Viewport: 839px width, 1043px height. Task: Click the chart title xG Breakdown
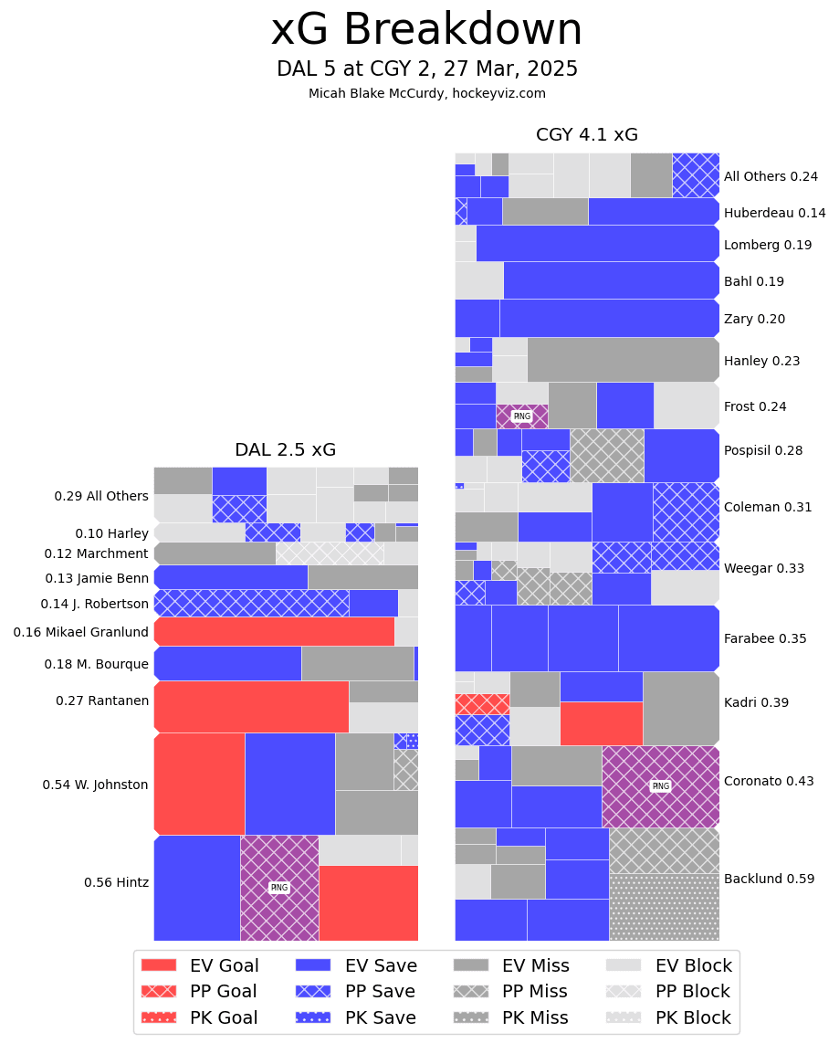click(426, 31)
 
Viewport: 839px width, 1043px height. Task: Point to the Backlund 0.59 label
click(769, 879)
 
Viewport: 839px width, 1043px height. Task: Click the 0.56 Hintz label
click(116, 882)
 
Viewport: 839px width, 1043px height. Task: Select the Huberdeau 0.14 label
click(774, 213)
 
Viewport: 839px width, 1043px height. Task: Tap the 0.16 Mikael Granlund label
click(80, 632)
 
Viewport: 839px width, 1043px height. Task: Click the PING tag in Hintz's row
click(279, 888)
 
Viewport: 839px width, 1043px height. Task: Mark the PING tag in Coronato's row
click(660, 785)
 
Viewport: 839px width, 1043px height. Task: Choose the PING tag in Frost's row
click(521, 416)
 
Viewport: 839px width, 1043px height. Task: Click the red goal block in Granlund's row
click(274, 631)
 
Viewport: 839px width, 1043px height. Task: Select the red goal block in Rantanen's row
click(251, 706)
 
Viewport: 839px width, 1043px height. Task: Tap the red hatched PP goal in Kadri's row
click(482, 704)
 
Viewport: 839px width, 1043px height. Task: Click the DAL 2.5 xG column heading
click(285, 449)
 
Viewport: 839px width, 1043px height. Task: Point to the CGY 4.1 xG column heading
click(586, 135)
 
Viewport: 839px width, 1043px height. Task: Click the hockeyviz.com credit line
click(426, 93)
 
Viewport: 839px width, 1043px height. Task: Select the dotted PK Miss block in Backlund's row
click(664, 907)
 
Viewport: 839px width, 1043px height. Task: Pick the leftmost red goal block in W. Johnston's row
click(199, 784)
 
